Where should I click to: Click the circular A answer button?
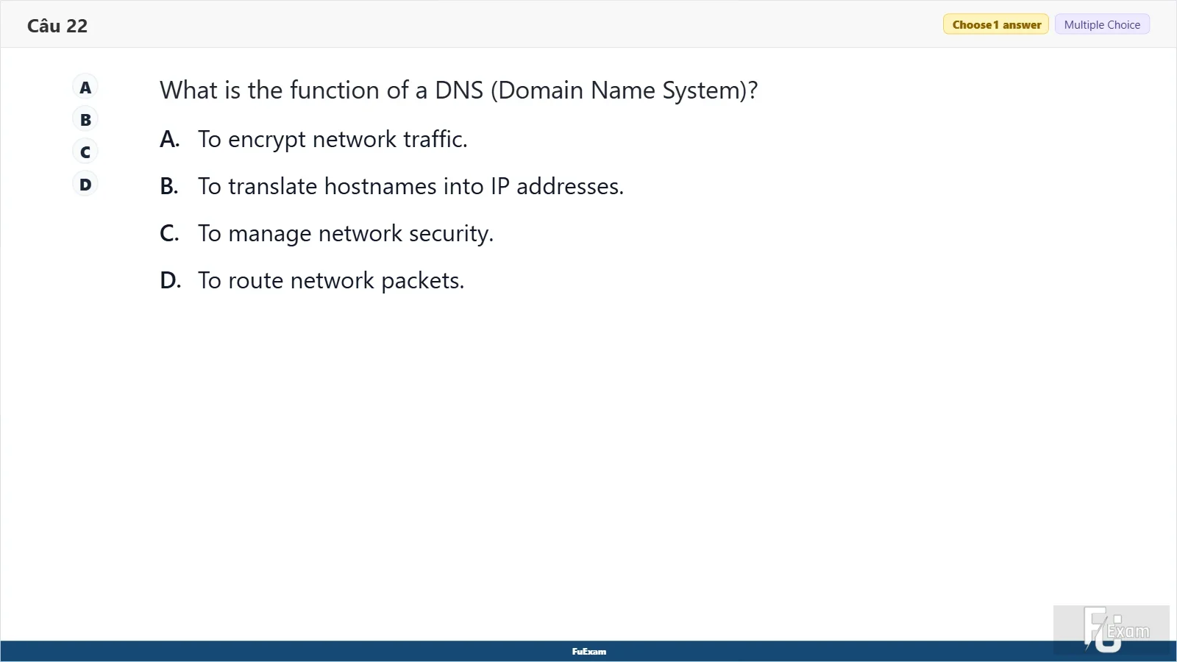tap(85, 88)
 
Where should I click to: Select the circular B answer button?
tap(85, 120)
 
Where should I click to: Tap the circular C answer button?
tap(85, 152)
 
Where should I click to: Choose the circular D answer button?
tap(85, 185)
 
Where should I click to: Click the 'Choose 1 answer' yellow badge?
tap(996, 25)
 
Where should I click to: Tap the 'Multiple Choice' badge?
tap(1102, 25)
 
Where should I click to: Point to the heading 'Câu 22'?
tap(57, 26)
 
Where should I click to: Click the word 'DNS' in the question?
tap(459, 90)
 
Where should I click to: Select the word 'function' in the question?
tap(335, 90)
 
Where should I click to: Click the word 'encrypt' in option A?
tap(266, 140)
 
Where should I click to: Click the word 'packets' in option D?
tap(422, 281)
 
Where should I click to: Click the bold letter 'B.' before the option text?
tap(169, 187)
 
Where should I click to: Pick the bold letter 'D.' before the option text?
tap(170, 280)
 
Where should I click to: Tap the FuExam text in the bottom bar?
tap(588, 652)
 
